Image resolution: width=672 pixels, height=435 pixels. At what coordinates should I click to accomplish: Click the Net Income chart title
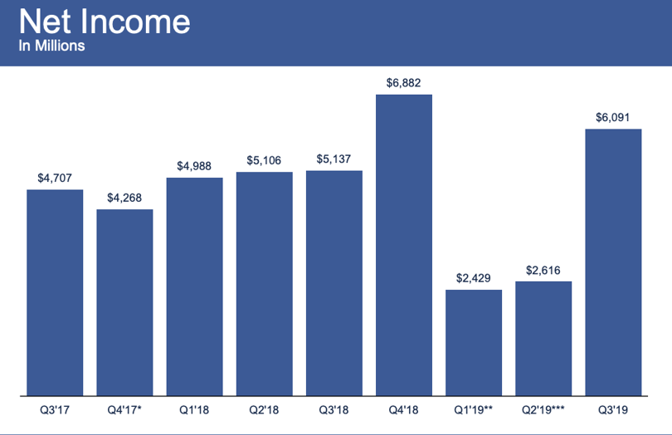[x=105, y=22]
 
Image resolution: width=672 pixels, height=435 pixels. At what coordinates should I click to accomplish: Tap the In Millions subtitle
[x=51, y=46]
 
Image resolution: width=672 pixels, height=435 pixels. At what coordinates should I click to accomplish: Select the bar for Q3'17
[x=55, y=292]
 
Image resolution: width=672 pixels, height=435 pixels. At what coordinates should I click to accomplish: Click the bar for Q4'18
[x=404, y=245]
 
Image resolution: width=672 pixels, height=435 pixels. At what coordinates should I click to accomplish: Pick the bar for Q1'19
[x=474, y=343]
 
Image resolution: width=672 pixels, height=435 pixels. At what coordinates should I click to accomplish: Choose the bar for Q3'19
[x=613, y=262]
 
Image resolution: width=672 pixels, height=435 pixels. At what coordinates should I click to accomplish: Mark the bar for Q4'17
[x=124, y=302]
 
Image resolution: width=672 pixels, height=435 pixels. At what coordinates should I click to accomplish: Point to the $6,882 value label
[x=404, y=83]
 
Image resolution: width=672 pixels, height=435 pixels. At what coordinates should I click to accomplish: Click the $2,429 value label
[x=474, y=278]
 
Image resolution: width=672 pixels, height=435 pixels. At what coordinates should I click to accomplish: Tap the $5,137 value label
[x=334, y=159]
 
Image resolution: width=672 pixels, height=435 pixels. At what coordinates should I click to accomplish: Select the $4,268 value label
[x=124, y=198]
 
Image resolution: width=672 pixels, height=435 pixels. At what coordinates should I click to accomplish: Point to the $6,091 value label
[x=613, y=118]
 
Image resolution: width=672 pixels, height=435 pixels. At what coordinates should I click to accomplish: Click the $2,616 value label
[x=543, y=271]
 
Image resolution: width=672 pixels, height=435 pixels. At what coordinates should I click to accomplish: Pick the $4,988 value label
[x=194, y=166]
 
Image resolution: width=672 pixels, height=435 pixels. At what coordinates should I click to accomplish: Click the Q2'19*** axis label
[x=543, y=410]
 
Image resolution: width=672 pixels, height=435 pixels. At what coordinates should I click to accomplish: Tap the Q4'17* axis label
[x=124, y=410]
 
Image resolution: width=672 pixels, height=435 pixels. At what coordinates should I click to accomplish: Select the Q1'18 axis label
[x=194, y=410]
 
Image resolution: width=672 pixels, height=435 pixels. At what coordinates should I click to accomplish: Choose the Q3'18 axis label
[x=334, y=410]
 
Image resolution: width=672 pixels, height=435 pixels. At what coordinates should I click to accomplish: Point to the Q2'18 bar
[x=265, y=284]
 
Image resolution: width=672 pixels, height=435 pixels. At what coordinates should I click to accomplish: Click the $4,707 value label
[x=55, y=178]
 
